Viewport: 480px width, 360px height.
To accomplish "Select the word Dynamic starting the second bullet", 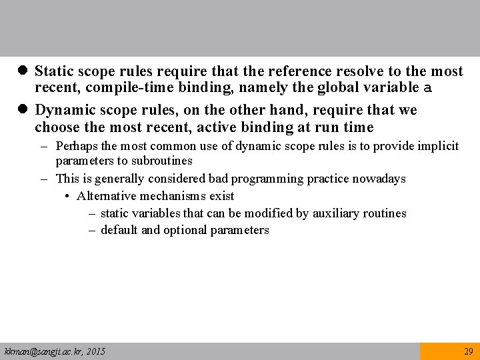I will (63, 109).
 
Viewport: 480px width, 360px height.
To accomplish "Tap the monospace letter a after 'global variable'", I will (428, 88).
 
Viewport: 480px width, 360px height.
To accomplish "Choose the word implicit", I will (437, 146).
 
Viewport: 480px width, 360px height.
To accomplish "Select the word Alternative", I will (105, 196).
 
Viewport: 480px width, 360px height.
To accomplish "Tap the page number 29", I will (468, 351).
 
